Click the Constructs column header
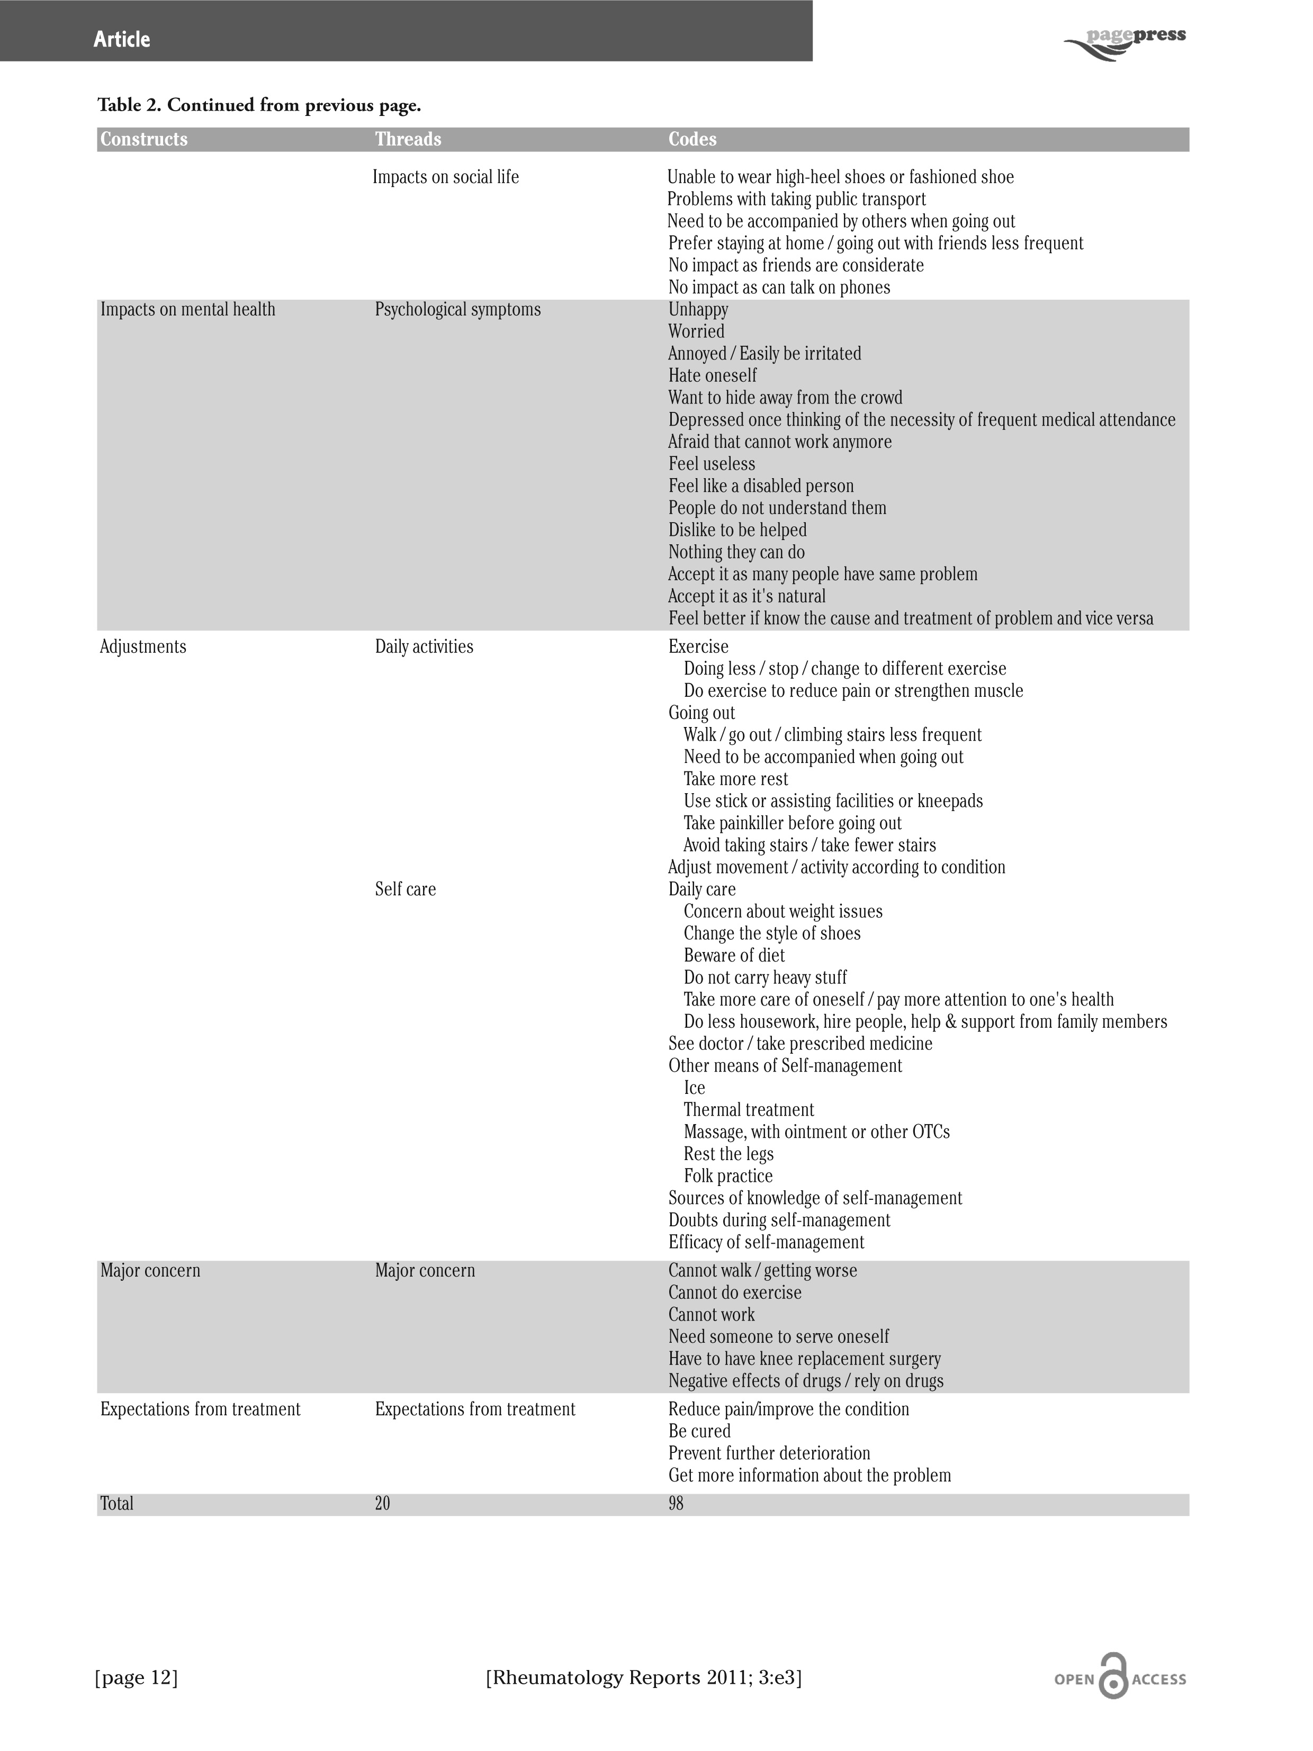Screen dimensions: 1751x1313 [143, 139]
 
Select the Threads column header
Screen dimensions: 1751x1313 [408, 139]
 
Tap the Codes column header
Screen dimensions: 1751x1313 [692, 139]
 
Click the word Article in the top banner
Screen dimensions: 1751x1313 [121, 39]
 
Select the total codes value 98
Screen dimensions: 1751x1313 [675, 1503]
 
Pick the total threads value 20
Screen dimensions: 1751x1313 [382, 1503]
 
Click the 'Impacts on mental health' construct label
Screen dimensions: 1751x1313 [187, 310]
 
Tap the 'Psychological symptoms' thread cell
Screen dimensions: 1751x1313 [457, 310]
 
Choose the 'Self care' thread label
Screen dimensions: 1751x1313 [405, 889]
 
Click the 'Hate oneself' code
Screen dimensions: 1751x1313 [712, 375]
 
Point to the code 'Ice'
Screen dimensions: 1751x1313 [694, 1088]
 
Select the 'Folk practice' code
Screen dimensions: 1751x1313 [728, 1175]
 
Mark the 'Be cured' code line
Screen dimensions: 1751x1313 [699, 1431]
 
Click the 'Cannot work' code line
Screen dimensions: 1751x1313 [711, 1314]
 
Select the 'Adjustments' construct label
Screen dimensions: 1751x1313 [143, 646]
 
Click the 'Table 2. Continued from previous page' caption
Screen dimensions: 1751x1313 [259, 105]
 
